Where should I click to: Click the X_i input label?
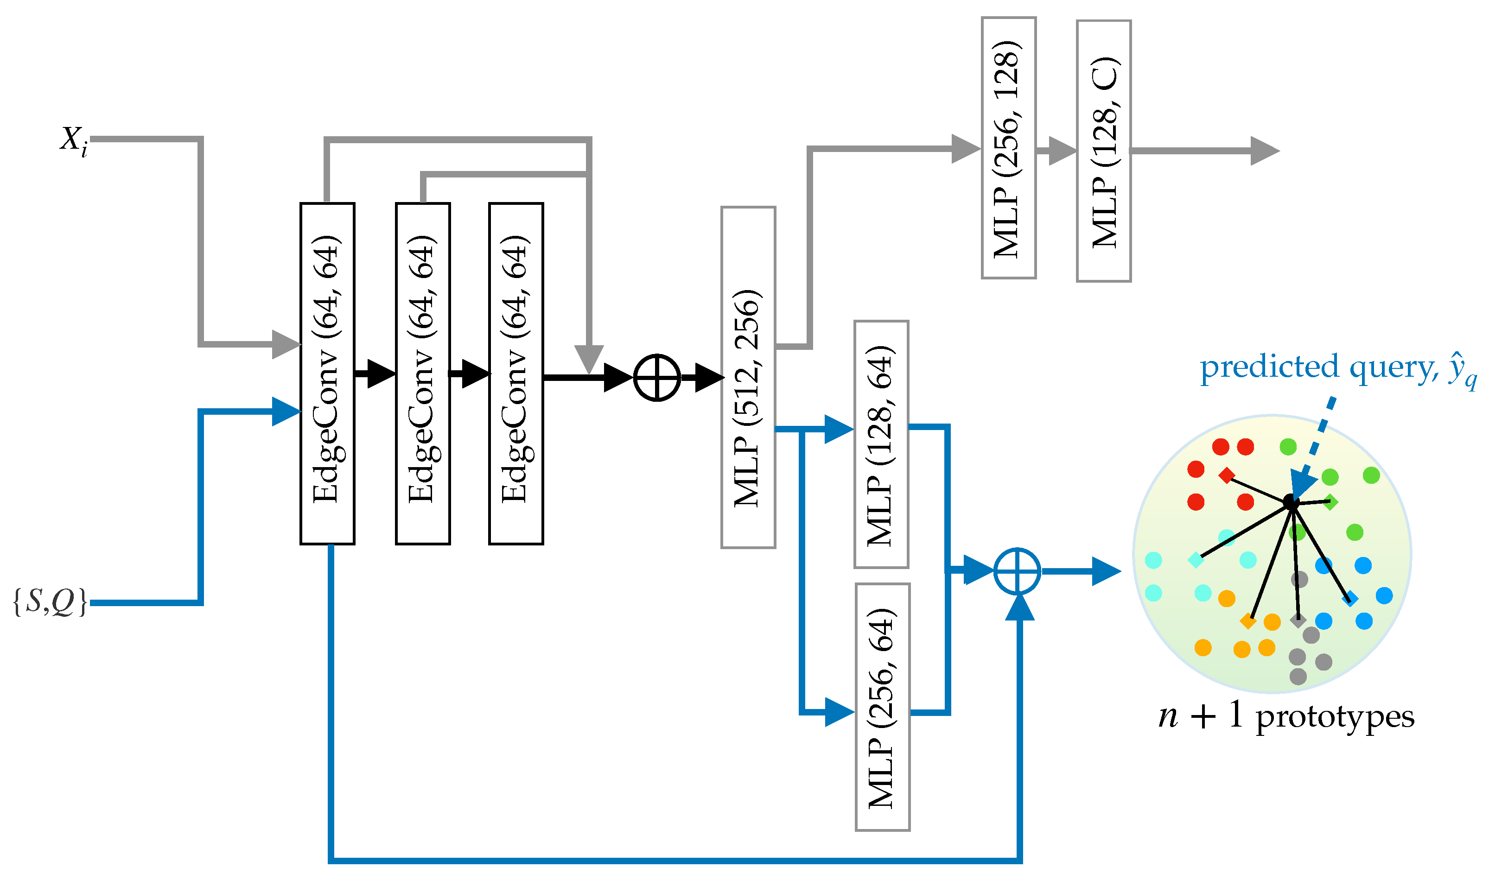click(x=74, y=141)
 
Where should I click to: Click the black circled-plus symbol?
click(x=657, y=377)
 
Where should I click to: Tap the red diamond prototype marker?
click(x=1226, y=475)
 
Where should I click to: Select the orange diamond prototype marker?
click(x=1247, y=621)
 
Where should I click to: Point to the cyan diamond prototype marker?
click(x=1196, y=560)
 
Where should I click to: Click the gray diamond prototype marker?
click(x=1298, y=620)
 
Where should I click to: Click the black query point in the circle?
click(x=1291, y=502)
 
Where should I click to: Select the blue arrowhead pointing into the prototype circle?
click(x=1106, y=571)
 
